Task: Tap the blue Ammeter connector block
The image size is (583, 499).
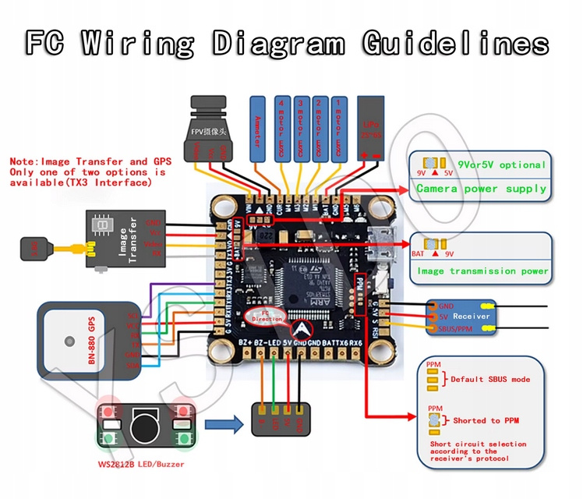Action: [x=258, y=129]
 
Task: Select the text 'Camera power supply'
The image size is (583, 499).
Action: [x=481, y=189]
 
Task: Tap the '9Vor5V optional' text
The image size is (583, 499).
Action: [x=500, y=165]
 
